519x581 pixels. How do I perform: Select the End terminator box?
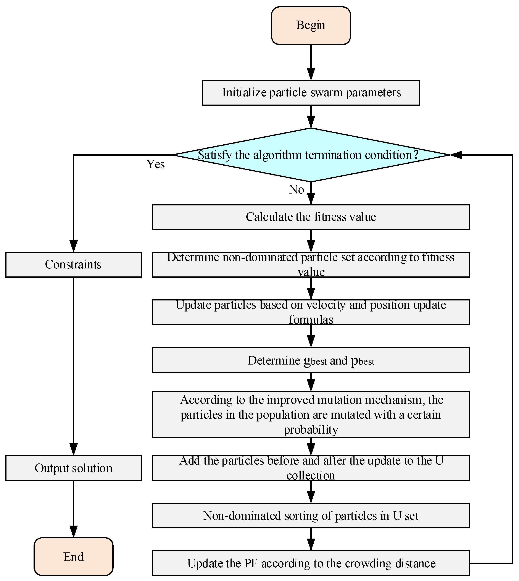(74, 557)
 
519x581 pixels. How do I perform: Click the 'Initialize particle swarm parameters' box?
(311, 93)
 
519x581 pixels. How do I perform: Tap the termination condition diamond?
(311, 155)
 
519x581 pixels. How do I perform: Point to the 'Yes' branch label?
(156, 164)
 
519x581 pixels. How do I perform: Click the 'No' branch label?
(297, 190)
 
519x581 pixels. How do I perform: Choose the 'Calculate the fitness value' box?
(311, 217)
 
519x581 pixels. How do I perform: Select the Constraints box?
(74, 265)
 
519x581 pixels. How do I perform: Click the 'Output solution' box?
(74, 468)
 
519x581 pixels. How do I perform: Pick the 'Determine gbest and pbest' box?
(311, 360)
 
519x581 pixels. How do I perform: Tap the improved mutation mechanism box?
(311, 415)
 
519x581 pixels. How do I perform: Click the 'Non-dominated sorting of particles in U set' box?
(311, 515)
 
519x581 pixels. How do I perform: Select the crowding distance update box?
(311, 563)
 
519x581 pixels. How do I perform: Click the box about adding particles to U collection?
(311, 468)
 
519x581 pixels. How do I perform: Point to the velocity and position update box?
(311, 312)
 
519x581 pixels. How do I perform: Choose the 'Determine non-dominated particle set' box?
(311, 265)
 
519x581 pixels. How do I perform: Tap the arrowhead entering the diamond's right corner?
(456, 155)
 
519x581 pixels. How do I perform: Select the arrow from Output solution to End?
(74, 509)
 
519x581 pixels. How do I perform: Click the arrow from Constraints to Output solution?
(74, 366)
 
